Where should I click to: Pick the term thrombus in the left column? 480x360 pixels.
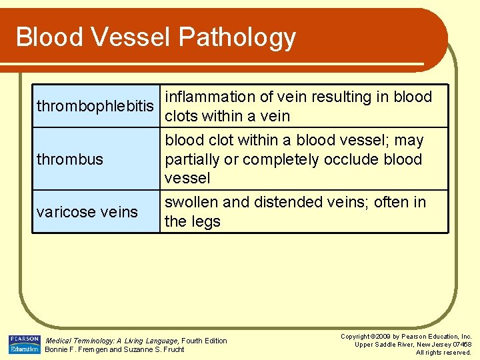pyautogui.click(x=70, y=159)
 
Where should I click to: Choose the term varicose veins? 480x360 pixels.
pyautogui.click(x=87, y=212)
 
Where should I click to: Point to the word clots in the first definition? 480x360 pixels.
pyautogui.click(x=183, y=116)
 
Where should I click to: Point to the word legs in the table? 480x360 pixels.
pyautogui.click(x=206, y=221)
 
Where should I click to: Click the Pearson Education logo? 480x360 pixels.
pyautogui.click(x=24, y=344)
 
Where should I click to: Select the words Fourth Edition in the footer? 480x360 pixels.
pyautogui.click(x=205, y=341)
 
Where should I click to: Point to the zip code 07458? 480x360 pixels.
pyautogui.click(x=461, y=345)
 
